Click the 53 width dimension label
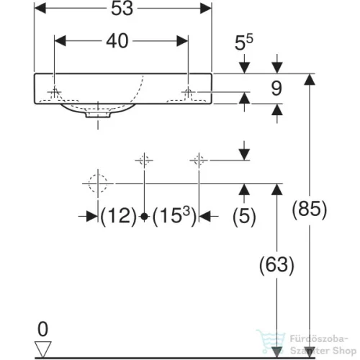[122, 9]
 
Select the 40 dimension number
[117, 41]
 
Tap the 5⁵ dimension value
[243, 42]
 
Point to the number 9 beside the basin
[276, 89]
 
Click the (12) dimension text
[118, 217]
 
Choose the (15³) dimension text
[174, 216]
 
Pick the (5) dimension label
[244, 217]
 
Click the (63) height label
[276, 265]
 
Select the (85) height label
[310, 210]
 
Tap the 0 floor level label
[43, 329]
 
